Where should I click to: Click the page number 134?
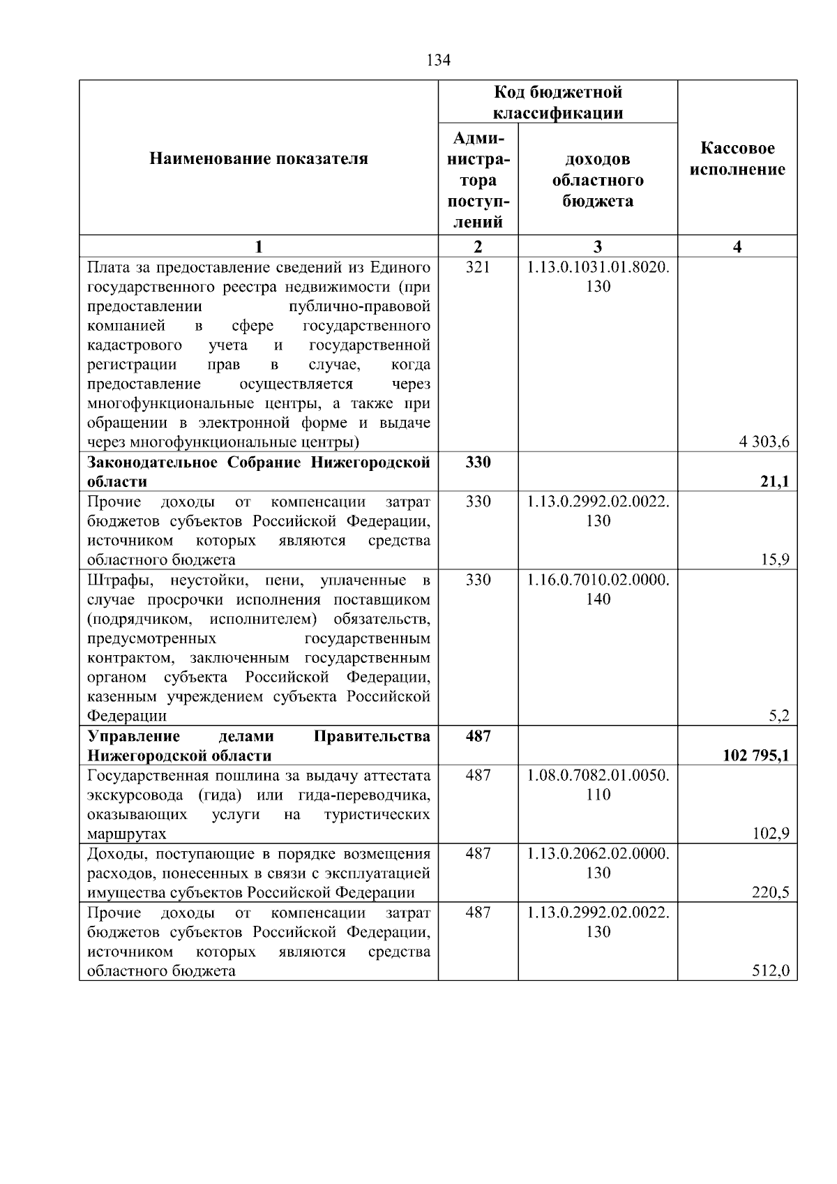(x=438, y=60)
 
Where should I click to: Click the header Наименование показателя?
(x=259, y=159)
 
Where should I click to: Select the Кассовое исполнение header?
(x=737, y=159)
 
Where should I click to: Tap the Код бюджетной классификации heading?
(x=558, y=103)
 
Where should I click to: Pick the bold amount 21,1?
(x=775, y=481)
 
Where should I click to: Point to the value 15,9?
(x=776, y=560)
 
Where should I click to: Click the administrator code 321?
(x=478, y=267)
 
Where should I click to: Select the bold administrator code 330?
(x=478, y=462)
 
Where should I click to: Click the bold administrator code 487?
(x=478, y=736)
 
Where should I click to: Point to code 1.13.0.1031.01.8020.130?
(x=598, y=276)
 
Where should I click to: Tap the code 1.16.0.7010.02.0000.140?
(x=598, y=590)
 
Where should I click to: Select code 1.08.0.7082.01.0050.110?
(x=598, y=785)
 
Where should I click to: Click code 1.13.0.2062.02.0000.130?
(x=598, y=863)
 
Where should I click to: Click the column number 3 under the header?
(x=598, y=246)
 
